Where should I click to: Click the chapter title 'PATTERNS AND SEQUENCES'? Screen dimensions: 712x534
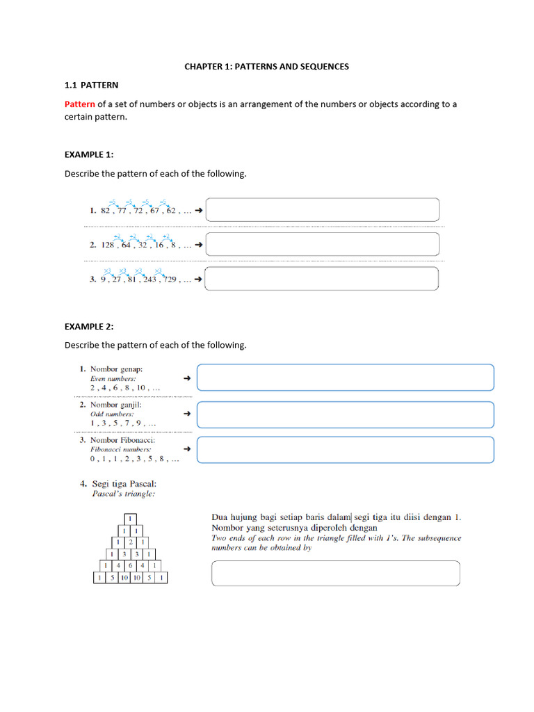pos(292,67)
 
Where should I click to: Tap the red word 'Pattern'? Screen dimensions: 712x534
pos(79,104)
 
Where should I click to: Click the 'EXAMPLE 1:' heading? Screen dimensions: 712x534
pos(89,154)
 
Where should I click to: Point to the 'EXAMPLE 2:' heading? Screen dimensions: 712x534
pos(89,326)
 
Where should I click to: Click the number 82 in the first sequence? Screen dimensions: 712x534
pos(106,210)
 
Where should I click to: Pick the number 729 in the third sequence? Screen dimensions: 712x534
pos(169,280)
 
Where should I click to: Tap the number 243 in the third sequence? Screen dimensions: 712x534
pos(148,280)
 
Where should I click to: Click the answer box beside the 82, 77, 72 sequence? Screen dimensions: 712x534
pos(323,209)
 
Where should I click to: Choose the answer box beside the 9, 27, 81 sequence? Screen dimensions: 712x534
pos(323,278)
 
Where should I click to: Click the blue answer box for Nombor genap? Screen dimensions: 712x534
pos(345,378)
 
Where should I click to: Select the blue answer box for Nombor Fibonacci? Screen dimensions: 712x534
pos(345,449)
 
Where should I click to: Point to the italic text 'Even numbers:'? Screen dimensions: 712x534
pos(113,378)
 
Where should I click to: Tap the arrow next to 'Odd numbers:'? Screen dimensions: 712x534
pos(186,414)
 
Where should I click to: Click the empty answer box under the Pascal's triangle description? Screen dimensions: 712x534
pos(335,574)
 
